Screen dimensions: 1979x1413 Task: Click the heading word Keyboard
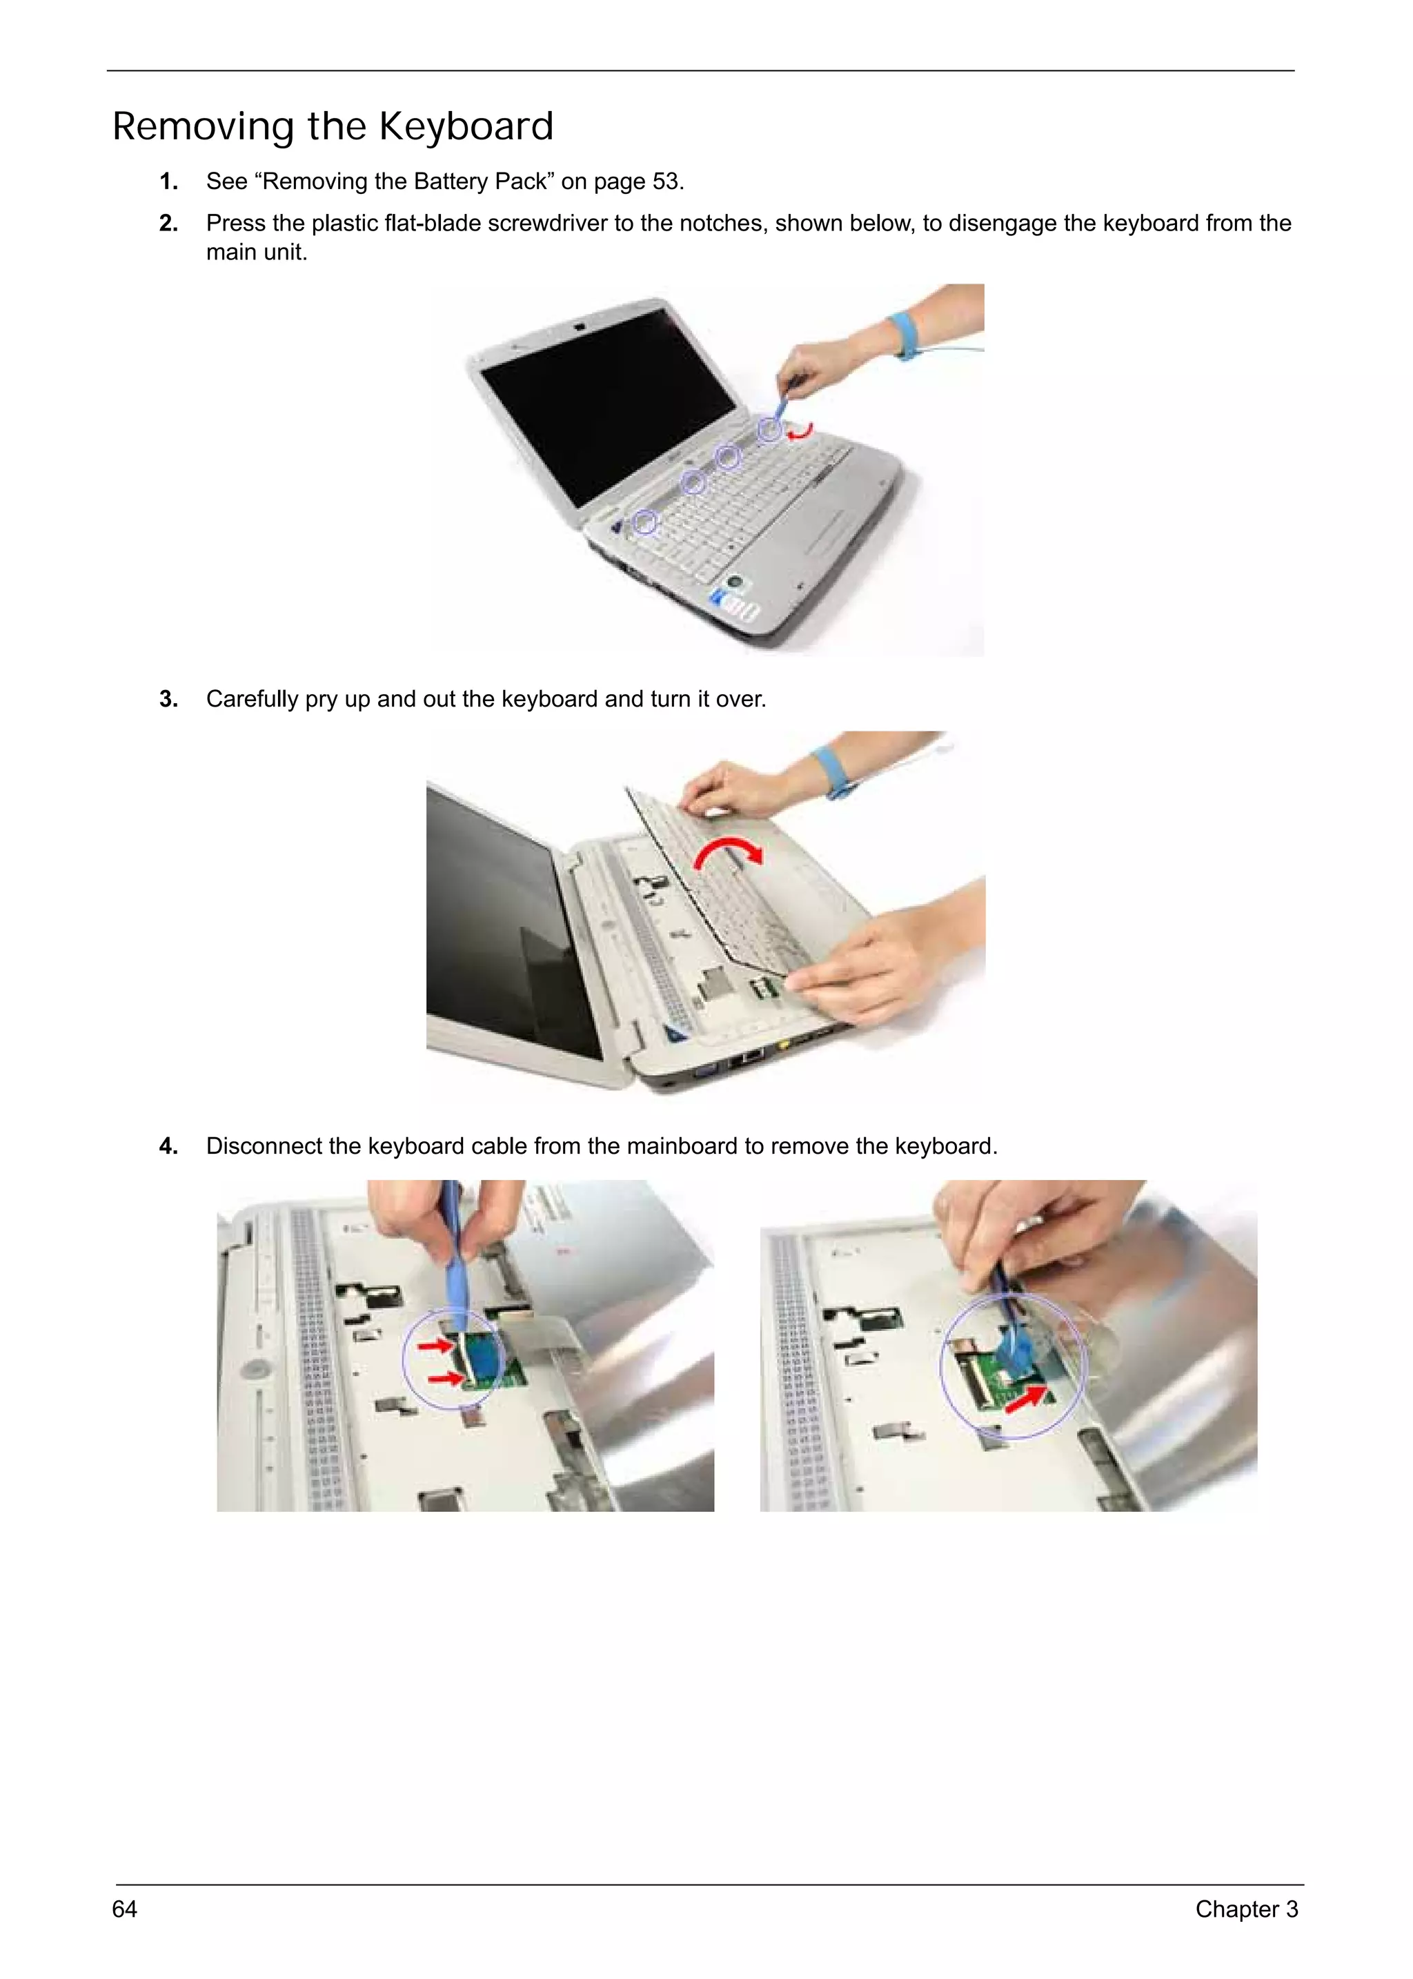coord(466,126)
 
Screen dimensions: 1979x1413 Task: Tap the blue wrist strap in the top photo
coord(903,337)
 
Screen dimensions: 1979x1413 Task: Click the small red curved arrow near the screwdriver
coord(800,431)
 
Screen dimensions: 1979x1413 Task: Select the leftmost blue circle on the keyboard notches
coord(644,522)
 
